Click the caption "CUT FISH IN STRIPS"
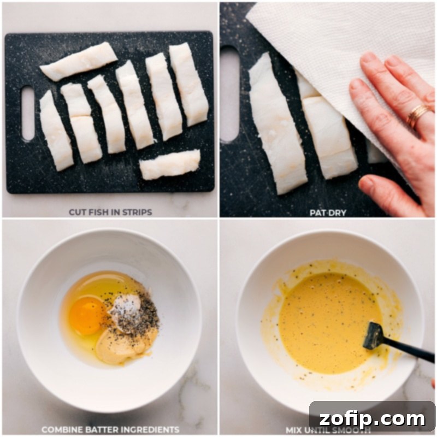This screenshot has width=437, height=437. [110, 211]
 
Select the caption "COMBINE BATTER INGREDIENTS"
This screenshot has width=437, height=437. [110, 429]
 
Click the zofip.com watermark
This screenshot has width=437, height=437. [371, 419]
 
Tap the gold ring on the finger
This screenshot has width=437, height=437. [418, 116]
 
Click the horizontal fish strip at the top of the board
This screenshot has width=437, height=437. [79, 62]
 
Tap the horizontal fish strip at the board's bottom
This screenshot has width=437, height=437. [169, 165]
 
